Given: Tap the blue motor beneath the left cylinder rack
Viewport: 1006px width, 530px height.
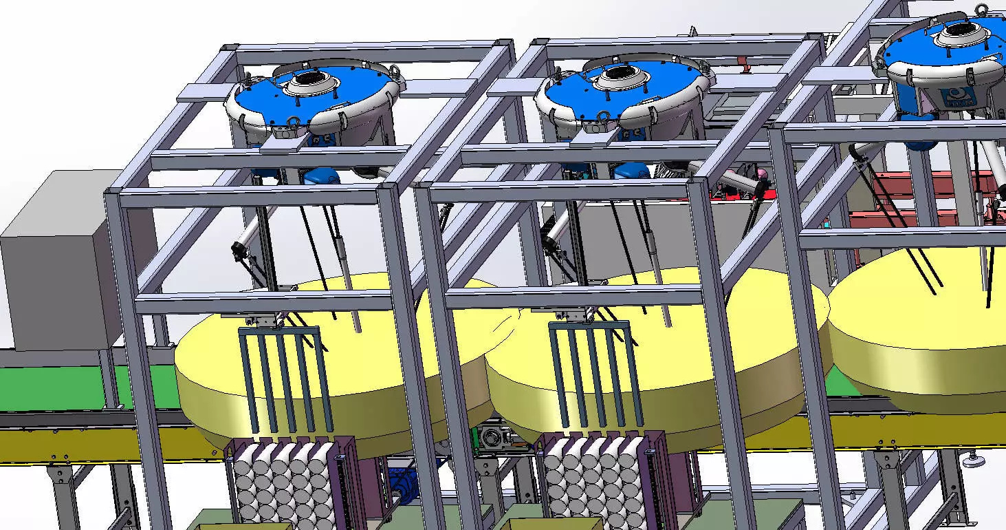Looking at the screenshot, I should pyautogui.click(x=399, y=478).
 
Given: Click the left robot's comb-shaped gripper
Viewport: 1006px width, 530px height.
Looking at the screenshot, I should pyautogui.click(x=282, y=375).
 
